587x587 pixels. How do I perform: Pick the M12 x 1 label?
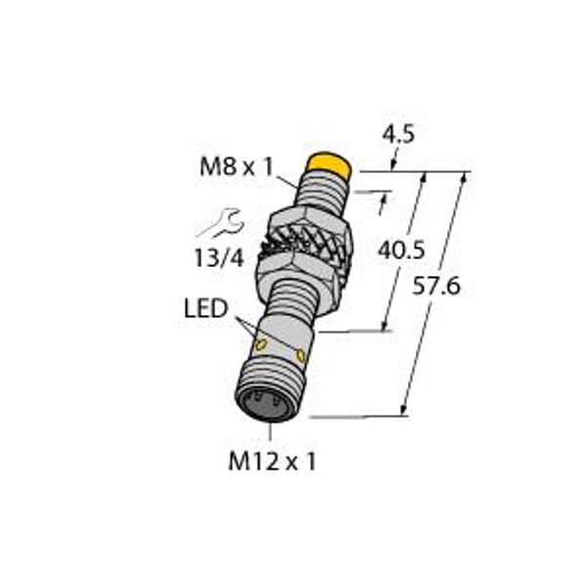tap(277, 462)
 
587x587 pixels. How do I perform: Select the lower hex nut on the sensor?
tap(293, 266)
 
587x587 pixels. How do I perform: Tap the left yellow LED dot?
tap(261, 345)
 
